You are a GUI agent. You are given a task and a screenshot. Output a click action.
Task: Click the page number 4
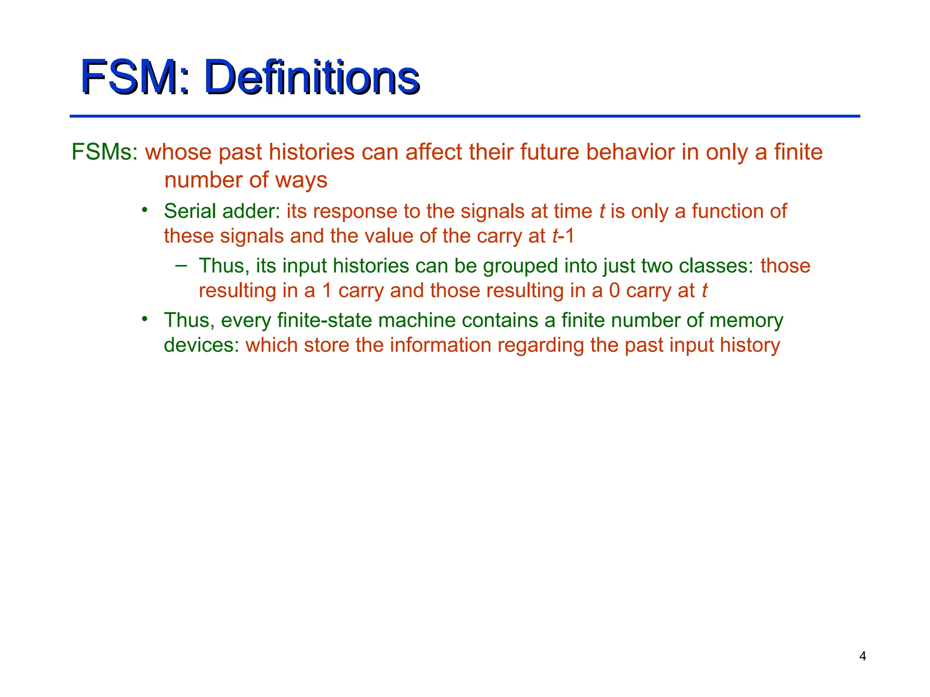point(862,656)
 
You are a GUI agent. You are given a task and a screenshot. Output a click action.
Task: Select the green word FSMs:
point(105,152)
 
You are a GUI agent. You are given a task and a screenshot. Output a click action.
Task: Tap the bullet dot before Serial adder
point(144,210)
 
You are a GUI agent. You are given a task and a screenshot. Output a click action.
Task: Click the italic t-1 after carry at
point(563,236)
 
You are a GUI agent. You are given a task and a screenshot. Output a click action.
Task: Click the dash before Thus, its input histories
point(181,265)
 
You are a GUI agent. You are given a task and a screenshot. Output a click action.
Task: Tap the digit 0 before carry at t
point(614,290)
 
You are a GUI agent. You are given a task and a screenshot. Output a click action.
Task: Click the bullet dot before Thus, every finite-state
point(144,319)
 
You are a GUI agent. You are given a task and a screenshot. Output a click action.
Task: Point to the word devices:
point(201,345)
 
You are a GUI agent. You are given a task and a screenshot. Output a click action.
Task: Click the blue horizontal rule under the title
point(465,116)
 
